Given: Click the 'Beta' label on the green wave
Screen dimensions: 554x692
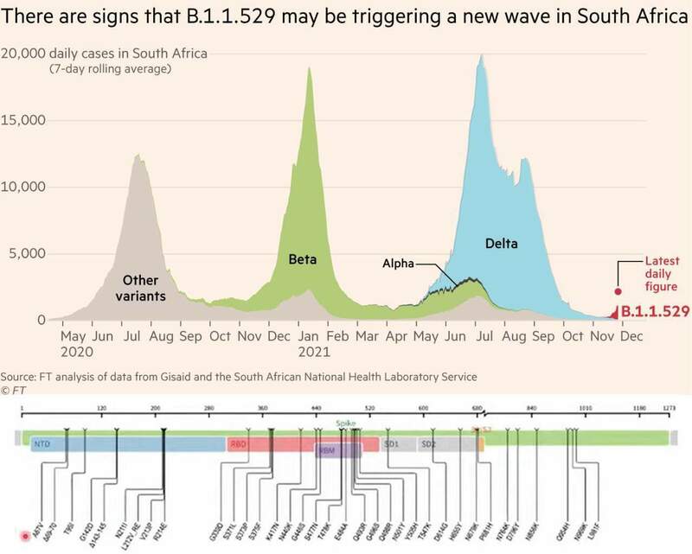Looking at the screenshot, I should (x=301, y=258).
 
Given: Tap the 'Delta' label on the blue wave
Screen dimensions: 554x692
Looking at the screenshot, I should (x=501, y=244).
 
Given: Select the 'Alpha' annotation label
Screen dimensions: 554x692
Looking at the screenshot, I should (x=400, y=261).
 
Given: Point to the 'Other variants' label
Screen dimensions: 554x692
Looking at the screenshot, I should (x=140, y=289).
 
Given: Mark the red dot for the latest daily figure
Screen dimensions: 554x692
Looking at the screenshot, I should (x=618, y=292).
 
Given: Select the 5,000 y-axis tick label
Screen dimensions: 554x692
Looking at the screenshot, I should (x=29, y=254).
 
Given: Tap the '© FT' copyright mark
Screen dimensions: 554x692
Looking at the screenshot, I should (x=13, y=391).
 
